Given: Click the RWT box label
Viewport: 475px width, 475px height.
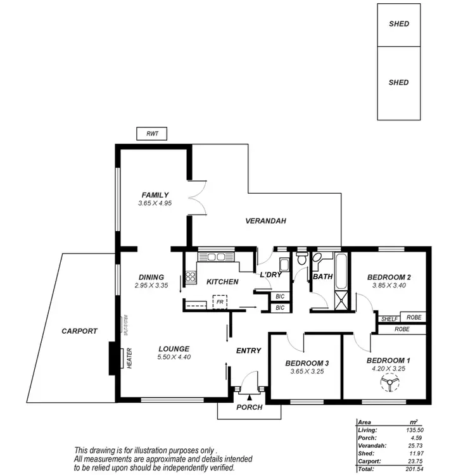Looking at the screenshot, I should click(x=152, y=133).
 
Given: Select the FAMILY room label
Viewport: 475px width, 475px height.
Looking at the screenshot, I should click(x=155, y=195).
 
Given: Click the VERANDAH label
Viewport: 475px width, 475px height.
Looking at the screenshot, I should click(x=266, y=221).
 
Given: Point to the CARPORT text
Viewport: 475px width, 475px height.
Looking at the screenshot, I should click(x=79, y=331).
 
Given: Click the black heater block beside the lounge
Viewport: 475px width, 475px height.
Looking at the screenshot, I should click(x=115, y=358).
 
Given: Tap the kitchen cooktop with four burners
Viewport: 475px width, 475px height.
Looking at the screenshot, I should click(x=190, y=276).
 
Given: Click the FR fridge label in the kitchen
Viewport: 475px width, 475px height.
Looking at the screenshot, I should click(x=219, y=302).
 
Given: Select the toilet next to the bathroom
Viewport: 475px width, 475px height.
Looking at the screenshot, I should click(x=301, y=260).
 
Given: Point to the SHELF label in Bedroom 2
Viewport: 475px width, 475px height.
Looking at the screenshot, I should click(x=389, y=317).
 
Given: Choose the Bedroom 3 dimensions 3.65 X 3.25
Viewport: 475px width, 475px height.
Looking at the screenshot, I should click(x=307, y=372).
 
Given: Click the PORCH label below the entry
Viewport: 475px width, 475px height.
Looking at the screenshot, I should click(x=249, y=407).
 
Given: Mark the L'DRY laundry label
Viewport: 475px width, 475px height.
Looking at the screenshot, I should click(x=270, y=274).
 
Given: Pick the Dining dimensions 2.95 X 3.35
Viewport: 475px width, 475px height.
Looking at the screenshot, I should click(x=151, y=286).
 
